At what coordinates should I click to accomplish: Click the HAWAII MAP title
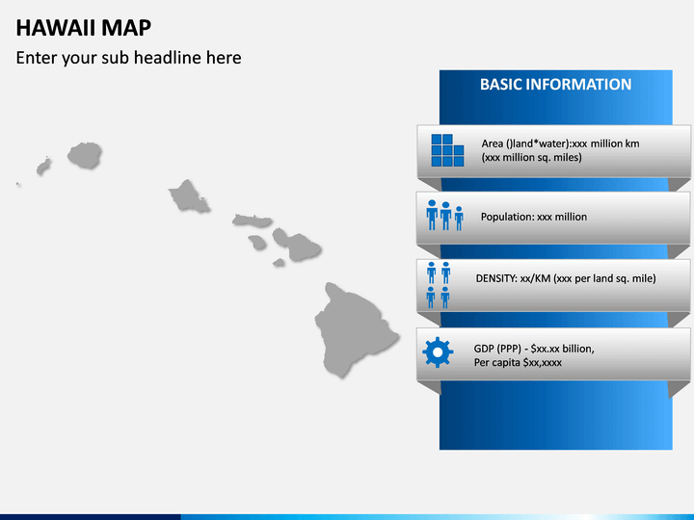[84, 28]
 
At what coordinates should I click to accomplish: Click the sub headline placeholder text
[129, 58]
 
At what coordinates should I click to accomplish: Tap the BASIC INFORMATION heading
[555, 85]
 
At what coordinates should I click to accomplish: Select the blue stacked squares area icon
[447, 150]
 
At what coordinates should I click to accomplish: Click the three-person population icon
[444, 215]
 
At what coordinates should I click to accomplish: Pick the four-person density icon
[439, 285]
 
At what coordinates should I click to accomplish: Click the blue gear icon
[438, 352]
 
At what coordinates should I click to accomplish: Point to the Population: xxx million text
[534, 217]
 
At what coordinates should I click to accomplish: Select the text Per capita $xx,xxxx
[518, 363]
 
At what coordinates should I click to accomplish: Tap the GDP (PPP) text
[497, 349]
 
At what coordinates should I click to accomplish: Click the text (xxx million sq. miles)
[531, 157]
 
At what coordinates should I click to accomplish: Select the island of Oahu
[189, 196]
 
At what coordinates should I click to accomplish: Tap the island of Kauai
[85, 155]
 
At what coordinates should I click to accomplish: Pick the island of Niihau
[43, 167]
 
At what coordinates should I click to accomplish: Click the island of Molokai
[252, 221]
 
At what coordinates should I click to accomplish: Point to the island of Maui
[298, 245]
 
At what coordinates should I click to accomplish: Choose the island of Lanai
[257, 242]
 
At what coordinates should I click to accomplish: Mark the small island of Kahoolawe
[279, 263]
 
